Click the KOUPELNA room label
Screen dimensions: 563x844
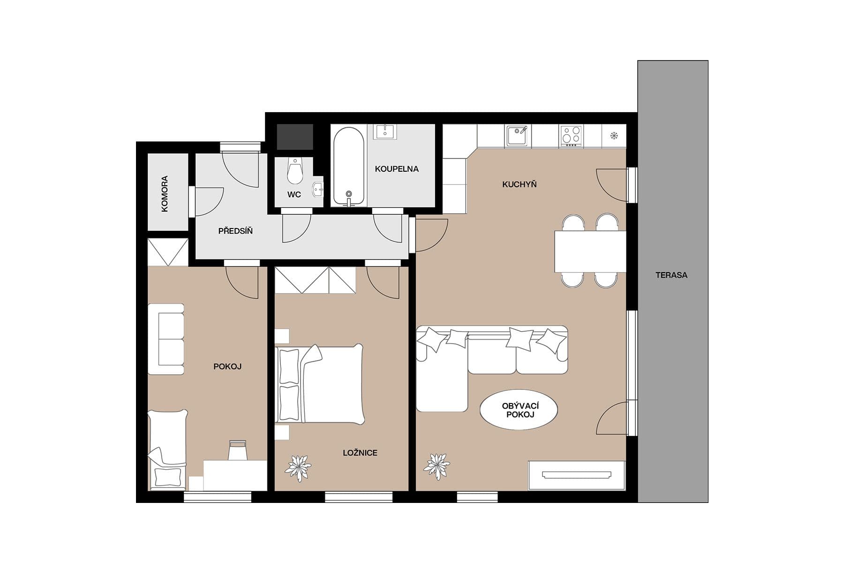click(396, 169)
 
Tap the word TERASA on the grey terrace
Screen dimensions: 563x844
click(671, 275)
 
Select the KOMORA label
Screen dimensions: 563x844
click(165, 193)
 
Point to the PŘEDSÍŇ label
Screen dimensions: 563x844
click(235, 231)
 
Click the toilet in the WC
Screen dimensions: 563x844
click(294, 171)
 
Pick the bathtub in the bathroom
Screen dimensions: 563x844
click(348, 167)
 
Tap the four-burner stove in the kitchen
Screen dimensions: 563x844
click(571, 135)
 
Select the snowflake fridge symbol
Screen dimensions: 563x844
click(614, 136)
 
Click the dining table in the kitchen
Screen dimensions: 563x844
click(590, 251)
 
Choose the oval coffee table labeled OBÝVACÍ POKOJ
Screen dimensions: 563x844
click(519, 410)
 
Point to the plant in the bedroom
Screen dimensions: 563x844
click(298, 468)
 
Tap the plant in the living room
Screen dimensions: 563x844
click(437, 466)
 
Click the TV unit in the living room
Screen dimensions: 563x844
click(576, 475)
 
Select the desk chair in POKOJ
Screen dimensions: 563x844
click(238, 450)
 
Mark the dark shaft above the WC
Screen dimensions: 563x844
click(294, 137)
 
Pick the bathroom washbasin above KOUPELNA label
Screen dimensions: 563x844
click(385, 131)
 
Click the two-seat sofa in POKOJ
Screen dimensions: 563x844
click(166, 339)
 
